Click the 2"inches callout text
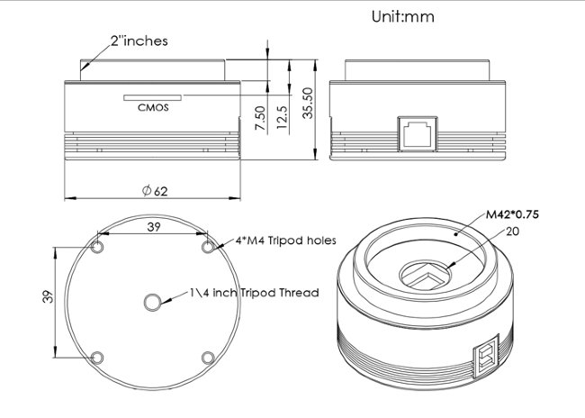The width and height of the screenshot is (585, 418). pos(139,41)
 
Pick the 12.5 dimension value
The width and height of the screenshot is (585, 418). pos(282,117)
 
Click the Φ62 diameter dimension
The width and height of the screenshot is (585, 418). pos(155,191)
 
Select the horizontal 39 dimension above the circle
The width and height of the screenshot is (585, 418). pos(153,229)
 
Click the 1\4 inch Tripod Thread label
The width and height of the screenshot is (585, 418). pos(255,293)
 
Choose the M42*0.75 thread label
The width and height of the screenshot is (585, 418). pos(518,215)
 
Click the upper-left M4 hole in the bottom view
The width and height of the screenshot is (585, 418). pos(98,247)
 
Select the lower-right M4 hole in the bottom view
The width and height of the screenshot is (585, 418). pos(208,357)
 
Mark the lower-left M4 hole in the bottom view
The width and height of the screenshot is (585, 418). pos(98,357)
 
